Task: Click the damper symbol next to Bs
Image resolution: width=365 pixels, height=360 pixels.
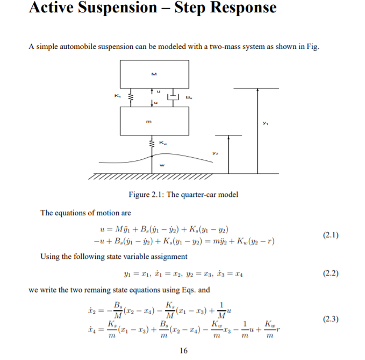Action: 173,97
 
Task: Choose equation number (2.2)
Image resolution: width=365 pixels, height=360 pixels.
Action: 330,273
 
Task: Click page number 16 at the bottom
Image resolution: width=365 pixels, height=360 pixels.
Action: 183,350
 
